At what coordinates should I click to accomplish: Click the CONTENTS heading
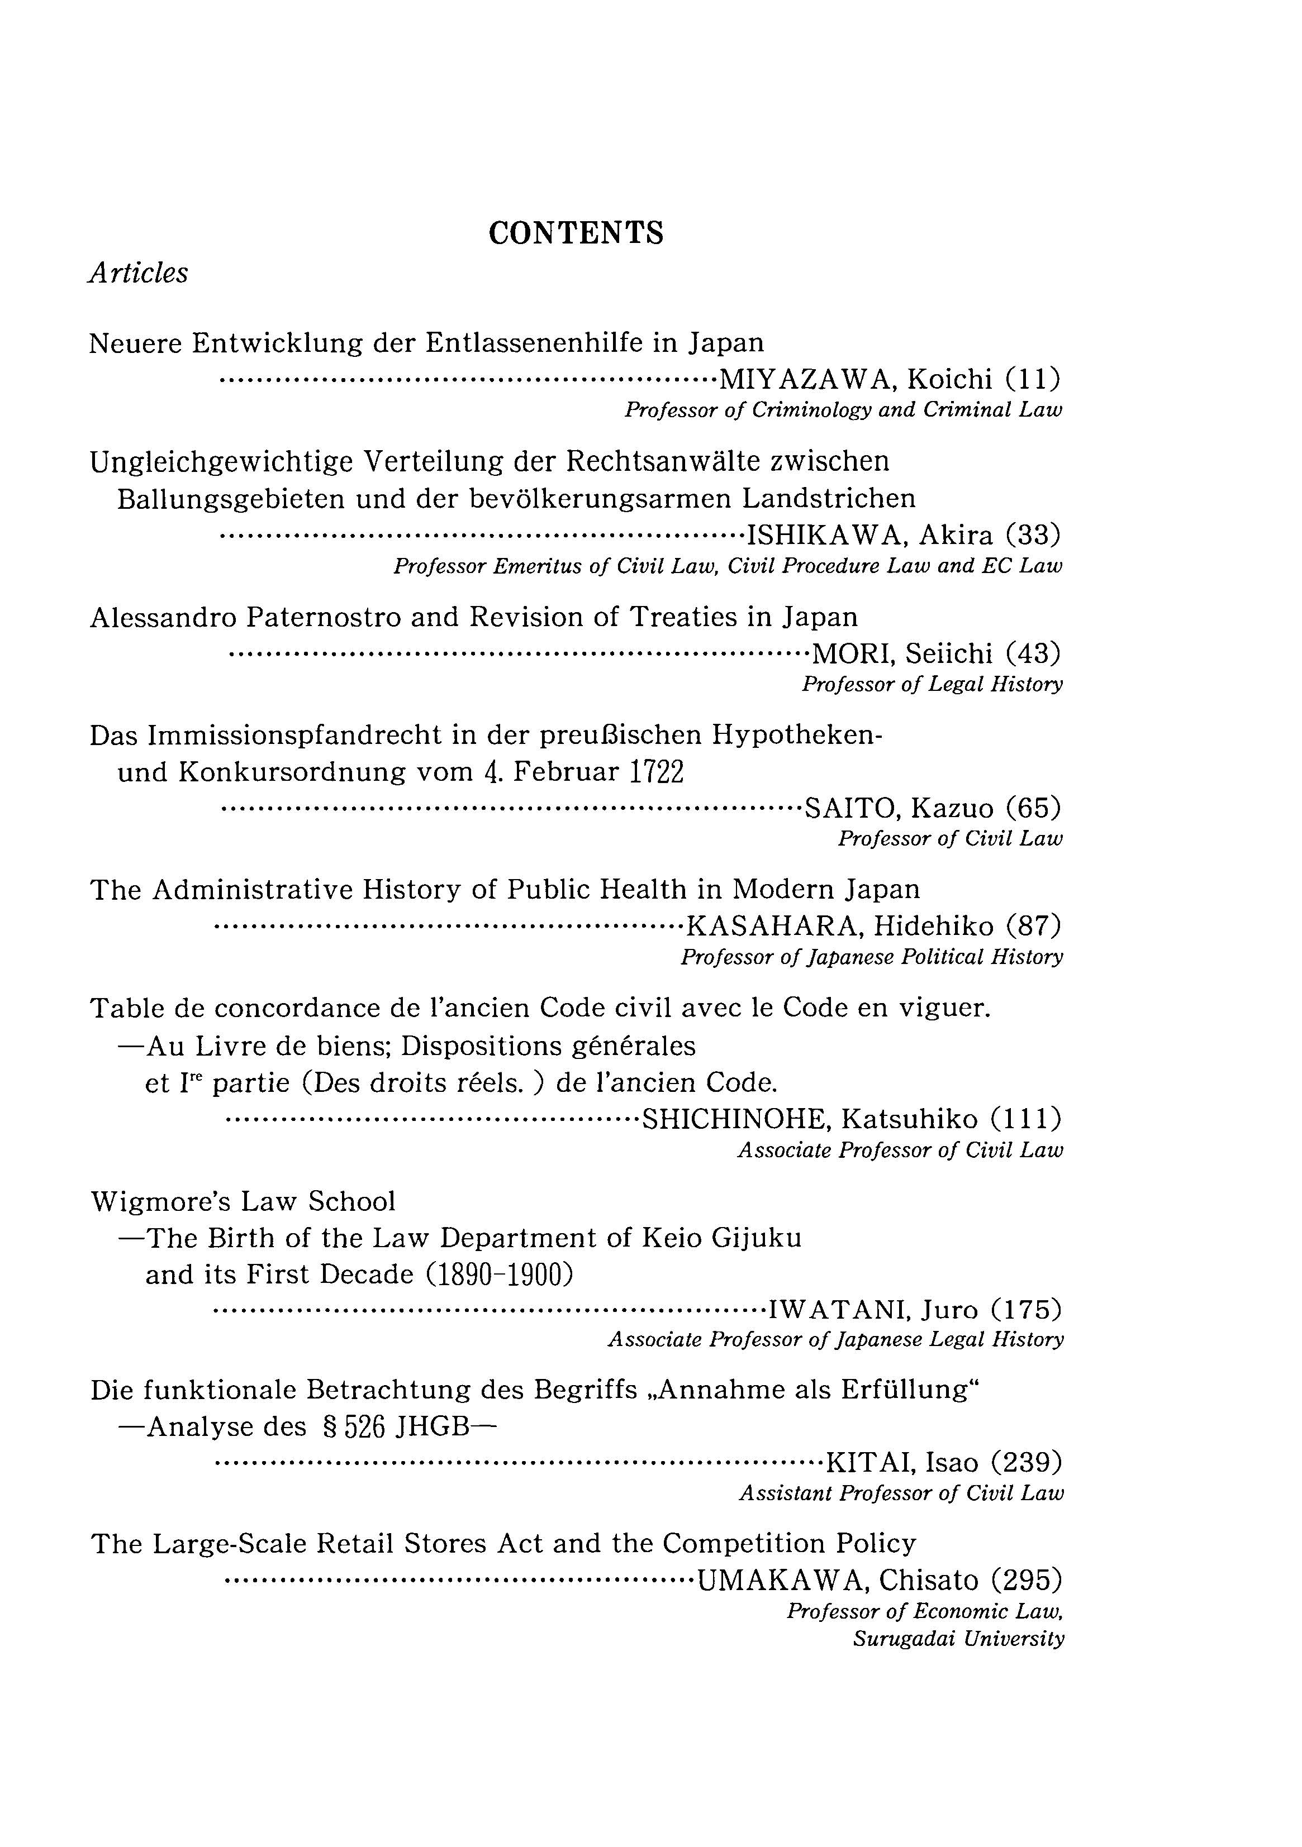pyautogui.click(x=576, y=233)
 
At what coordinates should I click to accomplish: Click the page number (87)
pyautogui.click(x=1033, y=927)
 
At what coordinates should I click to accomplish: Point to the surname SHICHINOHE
pyautogui.click(x=736, y=1119)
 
